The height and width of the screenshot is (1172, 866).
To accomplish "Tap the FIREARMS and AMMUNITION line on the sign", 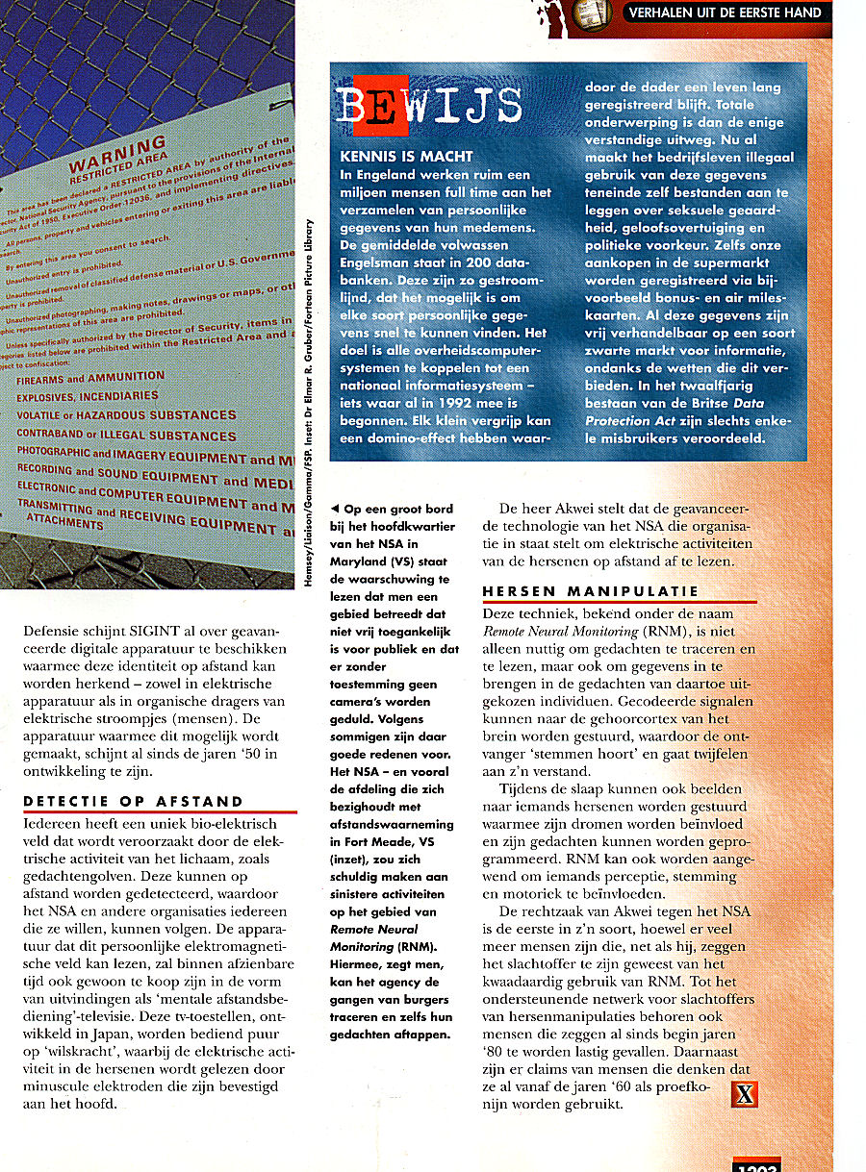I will pos(90,377).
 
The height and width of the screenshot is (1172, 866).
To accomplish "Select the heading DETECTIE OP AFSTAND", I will pos(134,801).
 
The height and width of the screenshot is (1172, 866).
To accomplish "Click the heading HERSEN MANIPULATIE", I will pos(591,591).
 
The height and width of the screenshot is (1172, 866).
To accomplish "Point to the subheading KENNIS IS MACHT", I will pos(407,156).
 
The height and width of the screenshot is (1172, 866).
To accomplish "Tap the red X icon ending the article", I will pos(745,1093).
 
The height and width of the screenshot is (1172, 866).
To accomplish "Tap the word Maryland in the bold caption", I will pos(359,561).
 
